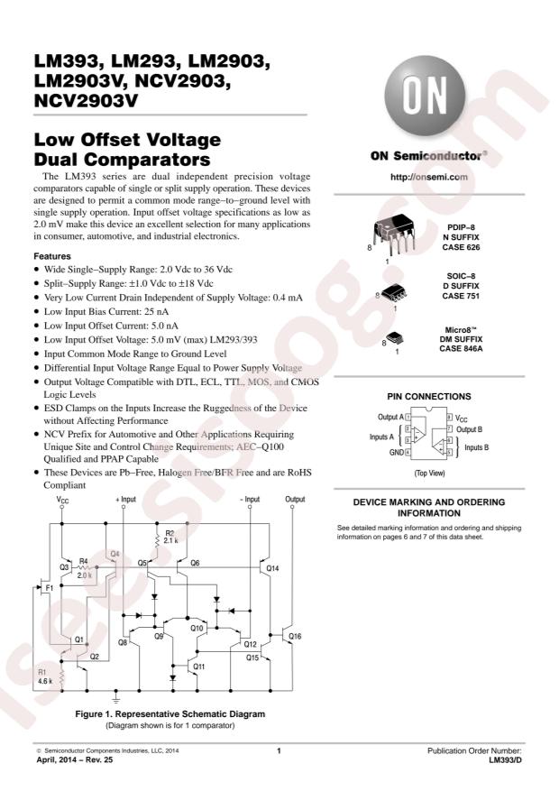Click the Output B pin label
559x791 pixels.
point(472,429)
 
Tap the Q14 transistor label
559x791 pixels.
point(272,568)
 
